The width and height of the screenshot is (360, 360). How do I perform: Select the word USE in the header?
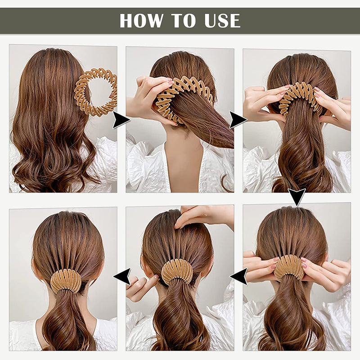tap(222, 21)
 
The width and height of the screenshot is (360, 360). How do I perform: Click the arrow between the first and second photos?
tap(121, 120)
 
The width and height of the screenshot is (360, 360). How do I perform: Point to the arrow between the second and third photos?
tap(238, 120)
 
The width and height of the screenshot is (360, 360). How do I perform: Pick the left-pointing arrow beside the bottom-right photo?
tap(239, 276)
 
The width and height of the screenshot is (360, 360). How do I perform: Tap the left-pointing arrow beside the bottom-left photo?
tap(122, 276)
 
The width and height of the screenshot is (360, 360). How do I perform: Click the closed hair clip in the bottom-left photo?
tap(66, 281)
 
